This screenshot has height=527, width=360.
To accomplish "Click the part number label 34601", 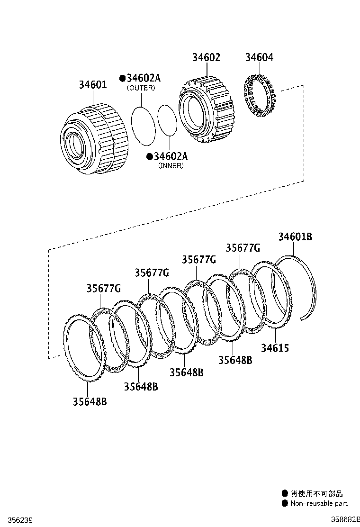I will click(93, 85).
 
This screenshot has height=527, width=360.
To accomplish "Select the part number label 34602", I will click(206, 57).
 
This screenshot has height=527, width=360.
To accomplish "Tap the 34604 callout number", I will click(259, 57).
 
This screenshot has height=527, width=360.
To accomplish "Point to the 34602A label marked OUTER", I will click(143, 78).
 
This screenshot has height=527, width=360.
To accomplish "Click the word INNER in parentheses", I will click(171, 166).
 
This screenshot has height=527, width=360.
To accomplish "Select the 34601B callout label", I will click(295, 236).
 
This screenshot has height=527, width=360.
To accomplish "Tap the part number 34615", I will click(275, 348).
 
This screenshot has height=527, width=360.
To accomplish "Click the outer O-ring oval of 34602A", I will click(143, 126).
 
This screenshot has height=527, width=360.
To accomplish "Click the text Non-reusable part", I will click(319, 503).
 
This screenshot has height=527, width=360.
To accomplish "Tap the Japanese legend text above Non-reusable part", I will click(316, 494).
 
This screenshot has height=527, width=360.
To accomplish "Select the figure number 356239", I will click(16, 520).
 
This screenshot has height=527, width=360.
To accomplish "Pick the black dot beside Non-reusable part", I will click(285, 503).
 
